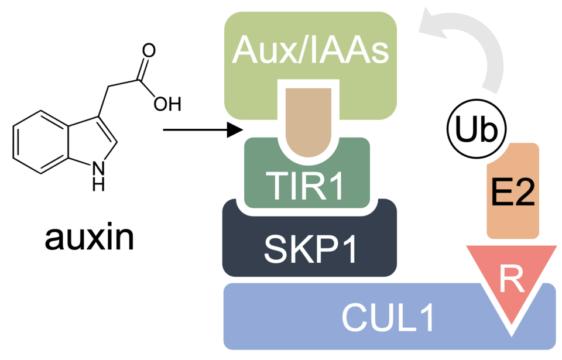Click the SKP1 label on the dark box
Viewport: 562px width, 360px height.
click(x=309, y=250)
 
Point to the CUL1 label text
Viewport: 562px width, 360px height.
click(x=389, y=318)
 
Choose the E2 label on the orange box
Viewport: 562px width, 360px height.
click(x=513, y=193)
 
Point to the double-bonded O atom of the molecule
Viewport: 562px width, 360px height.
click(x=149, y=49)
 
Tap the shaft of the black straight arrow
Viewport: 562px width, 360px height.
click(x=193, y=129)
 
